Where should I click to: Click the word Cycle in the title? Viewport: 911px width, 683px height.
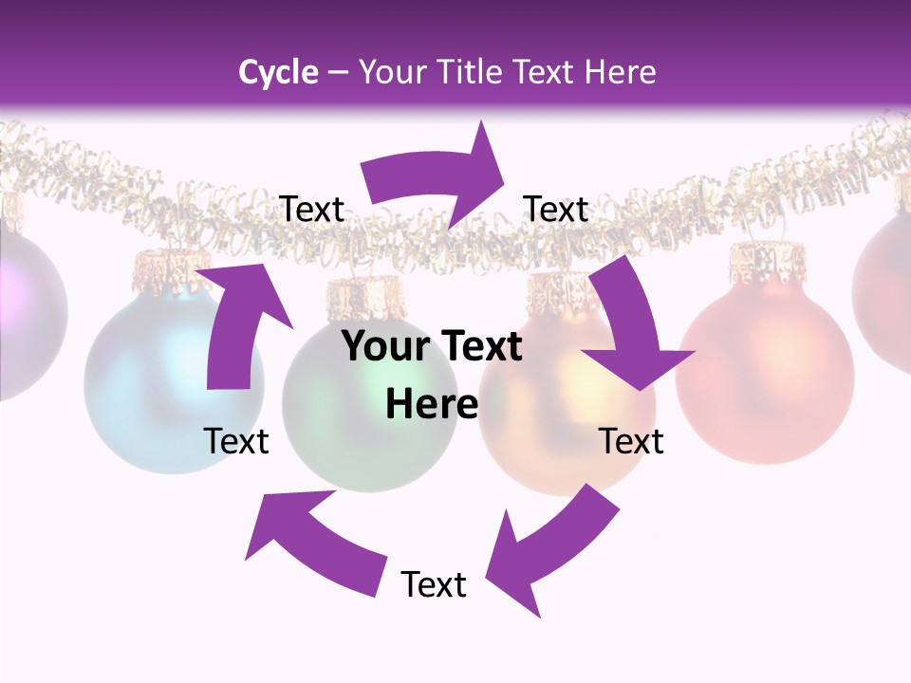tap(278, 72)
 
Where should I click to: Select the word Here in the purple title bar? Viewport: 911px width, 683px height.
tap(615, 72)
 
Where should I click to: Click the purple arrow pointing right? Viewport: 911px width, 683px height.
tap(437, 180)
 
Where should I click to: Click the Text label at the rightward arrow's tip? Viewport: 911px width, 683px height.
tap(556, 209)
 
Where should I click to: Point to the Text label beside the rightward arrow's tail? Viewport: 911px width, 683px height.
tap(311, 209)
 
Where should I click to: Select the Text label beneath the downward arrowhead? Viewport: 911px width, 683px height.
tap(631, 441)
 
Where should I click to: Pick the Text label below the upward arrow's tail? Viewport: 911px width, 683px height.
tap(237, 441)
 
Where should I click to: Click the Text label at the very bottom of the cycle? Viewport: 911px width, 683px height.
tap(434, 584)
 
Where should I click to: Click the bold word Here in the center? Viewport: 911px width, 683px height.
tap(432, 404)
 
